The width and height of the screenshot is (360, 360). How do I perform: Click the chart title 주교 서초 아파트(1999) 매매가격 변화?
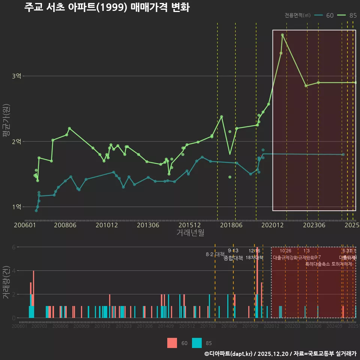tap(107, 7)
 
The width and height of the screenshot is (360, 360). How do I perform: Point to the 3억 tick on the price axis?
tap(16, 76)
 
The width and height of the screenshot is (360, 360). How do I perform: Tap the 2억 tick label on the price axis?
tap(16, 141)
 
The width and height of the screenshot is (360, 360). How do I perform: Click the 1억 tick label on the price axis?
tap(16, 207)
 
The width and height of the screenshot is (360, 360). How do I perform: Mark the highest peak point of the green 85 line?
tap(282, 35)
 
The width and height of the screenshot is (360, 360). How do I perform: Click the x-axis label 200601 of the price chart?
tap(25, 225)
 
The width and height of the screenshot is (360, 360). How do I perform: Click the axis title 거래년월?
tap(190, 232)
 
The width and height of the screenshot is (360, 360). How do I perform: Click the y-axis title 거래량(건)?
tap(6, 282)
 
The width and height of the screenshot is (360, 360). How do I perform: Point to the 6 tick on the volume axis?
tap(13, 247)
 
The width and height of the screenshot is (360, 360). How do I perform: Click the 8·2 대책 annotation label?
tap(214, 254)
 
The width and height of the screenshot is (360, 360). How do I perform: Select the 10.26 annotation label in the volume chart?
tap(285, 251)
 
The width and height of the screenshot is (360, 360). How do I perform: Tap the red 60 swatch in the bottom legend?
tap(172, 343)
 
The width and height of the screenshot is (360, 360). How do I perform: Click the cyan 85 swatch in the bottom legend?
tap(196, 343)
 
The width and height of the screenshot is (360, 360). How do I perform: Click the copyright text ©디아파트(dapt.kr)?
tap(228, 354)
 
